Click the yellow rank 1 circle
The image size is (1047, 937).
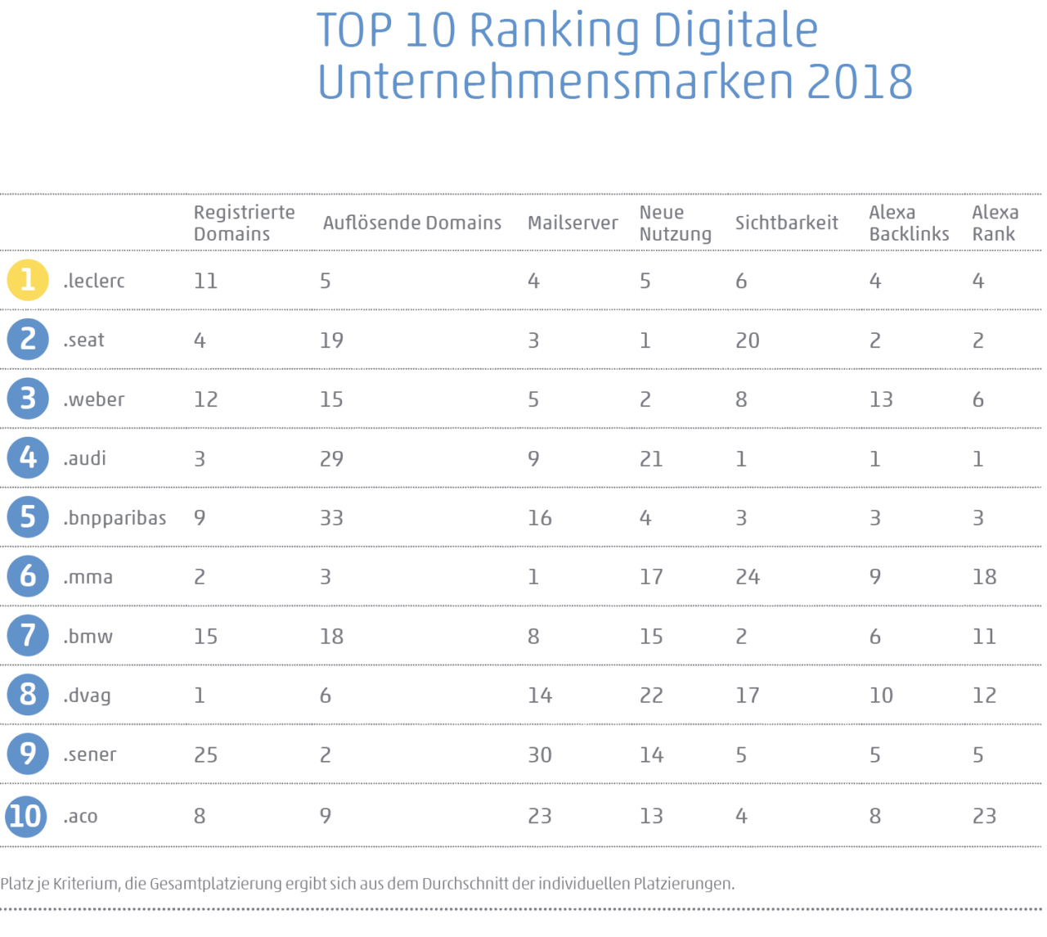tap(28, 280)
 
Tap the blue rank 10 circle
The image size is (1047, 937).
tap(26, 815)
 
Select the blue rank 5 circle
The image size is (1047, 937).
tap(28, 517)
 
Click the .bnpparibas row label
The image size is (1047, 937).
tap(115, 518)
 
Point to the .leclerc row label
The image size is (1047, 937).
tap(94, 281)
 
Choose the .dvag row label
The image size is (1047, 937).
tap(87, 696)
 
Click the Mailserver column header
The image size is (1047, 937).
tap(573, 223)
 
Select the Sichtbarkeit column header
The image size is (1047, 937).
tap(786, 223)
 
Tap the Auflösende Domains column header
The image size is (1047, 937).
tap(411, 223)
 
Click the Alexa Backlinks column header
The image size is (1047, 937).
tap(909, 223)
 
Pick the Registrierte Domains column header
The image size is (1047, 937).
tap(244, 223)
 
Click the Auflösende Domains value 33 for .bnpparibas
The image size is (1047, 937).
tap(331, 518)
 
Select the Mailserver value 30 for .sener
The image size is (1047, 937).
tap(539, 755)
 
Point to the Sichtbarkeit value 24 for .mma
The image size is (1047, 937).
tap(748, 577)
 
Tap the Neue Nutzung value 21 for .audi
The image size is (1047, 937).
tap(651, 459)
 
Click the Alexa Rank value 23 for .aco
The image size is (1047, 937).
tap(984, 816)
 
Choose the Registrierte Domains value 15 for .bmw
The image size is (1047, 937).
tap(205, 637)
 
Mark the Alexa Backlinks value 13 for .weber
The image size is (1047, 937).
tap(881, 399)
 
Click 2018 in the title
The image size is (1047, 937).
tap(859, 82)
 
